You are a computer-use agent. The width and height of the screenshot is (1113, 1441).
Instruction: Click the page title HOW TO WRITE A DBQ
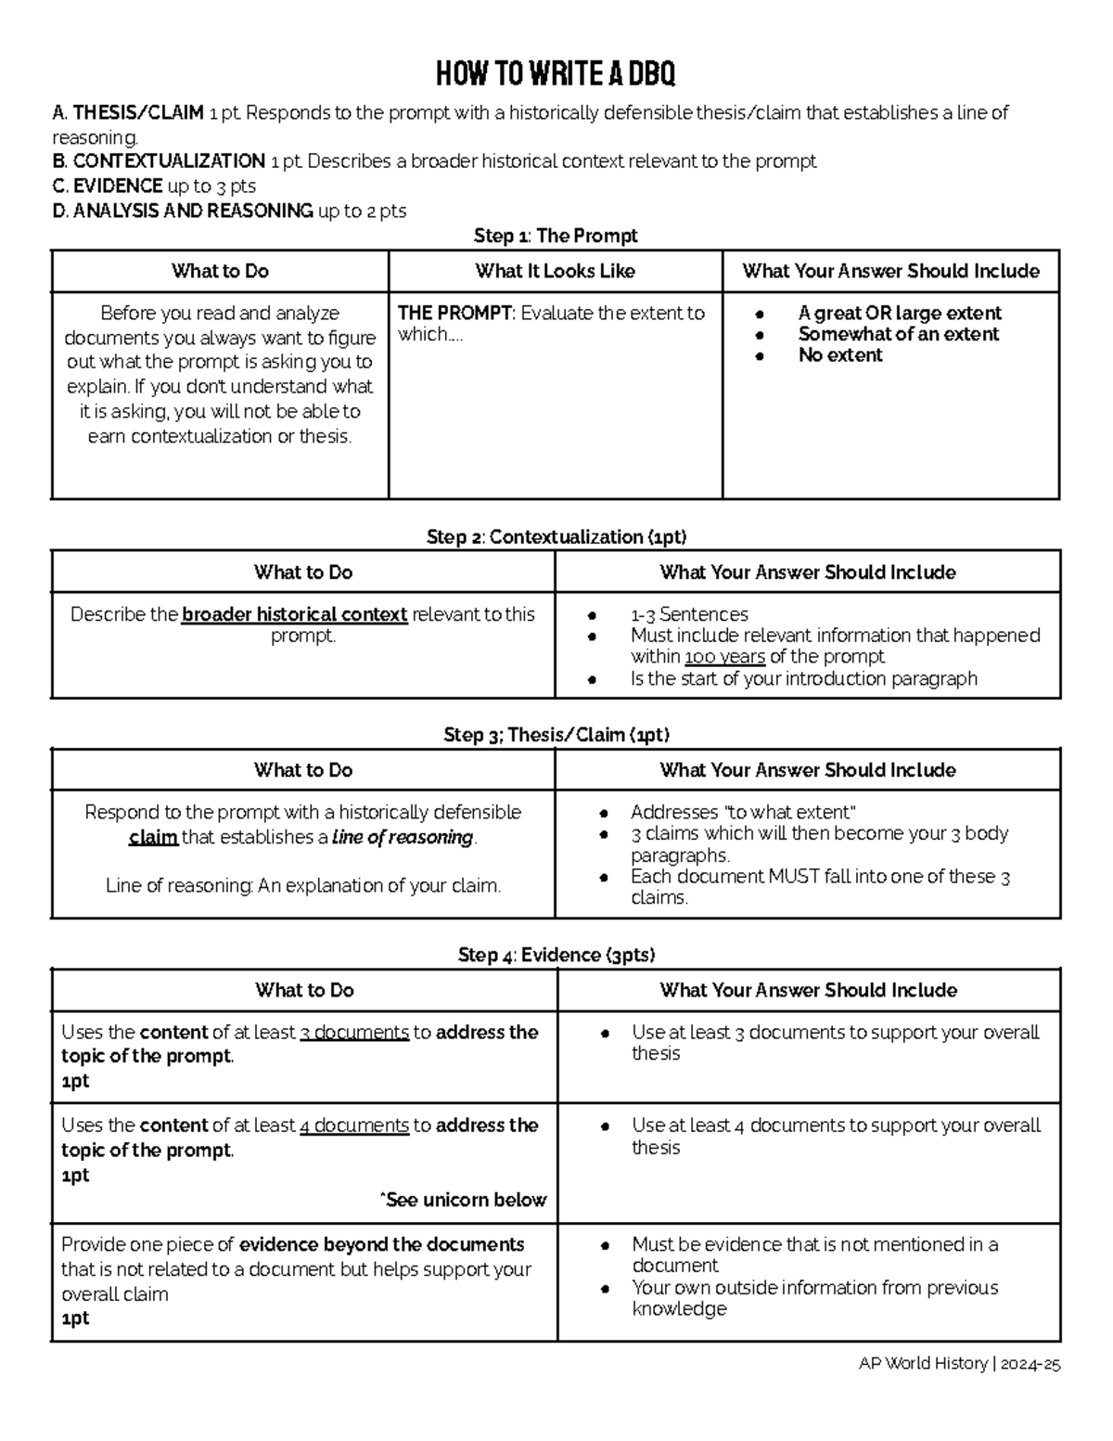556,73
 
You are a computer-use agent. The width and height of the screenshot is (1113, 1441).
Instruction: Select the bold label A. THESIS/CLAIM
128,113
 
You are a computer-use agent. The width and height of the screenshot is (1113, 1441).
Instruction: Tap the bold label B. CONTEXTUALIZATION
159,161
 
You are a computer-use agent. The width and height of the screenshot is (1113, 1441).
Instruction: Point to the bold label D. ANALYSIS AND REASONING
183,211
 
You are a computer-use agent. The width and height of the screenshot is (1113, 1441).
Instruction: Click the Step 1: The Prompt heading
556,236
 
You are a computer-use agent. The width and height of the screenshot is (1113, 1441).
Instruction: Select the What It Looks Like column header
555,271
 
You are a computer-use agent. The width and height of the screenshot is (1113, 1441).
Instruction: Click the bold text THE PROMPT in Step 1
454,314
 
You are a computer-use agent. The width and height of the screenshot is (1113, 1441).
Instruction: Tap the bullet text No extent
839,355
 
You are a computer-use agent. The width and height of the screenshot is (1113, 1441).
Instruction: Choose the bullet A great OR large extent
899,314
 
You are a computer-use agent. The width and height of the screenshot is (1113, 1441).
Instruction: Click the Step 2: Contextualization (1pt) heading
556,537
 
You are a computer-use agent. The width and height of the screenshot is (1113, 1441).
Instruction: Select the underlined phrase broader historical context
294,614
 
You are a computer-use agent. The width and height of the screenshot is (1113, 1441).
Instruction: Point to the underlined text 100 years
724,657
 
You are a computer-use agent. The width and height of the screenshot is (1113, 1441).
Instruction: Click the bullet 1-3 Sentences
689,614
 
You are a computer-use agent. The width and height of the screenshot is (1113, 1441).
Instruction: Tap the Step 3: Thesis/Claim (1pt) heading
556,735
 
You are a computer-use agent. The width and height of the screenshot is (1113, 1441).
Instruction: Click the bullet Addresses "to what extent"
743,812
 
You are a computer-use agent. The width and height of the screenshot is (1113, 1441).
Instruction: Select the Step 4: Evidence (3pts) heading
556,955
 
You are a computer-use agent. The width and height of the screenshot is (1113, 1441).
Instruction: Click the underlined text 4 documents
354,1126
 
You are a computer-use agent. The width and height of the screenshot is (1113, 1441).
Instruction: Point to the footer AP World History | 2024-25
959,1364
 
